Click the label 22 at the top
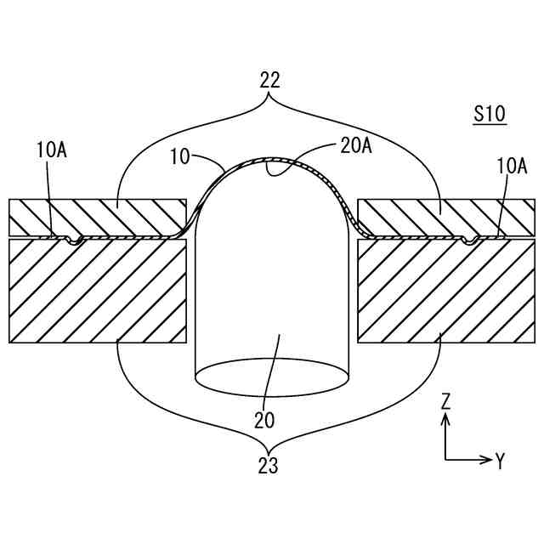pos(269,80)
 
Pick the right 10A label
pos(512,166)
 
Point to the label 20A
pos(355,146)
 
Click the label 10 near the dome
pos(179,156)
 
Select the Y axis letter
pos(500,461)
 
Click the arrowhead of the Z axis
pos(445,417)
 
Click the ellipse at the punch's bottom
pos(271,377)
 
